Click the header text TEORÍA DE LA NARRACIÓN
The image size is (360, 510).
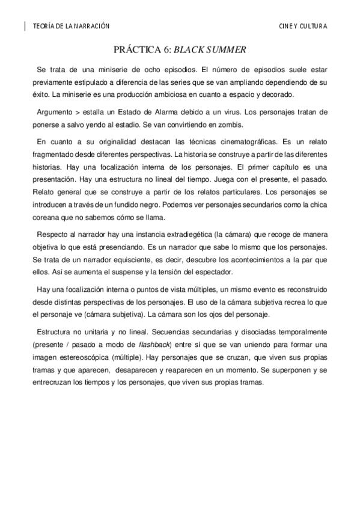pos(71,26)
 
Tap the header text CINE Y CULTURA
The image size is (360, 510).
pos(303,26)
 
